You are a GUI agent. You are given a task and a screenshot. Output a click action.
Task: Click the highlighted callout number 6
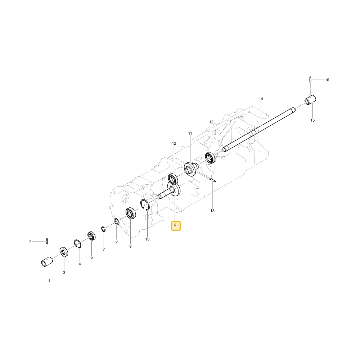(175, 225)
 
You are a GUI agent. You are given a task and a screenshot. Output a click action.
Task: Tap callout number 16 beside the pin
(327, 80)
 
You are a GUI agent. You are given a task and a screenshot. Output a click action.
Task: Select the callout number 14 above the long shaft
(261, 99)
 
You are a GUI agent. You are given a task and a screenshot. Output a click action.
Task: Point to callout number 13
(212, 211)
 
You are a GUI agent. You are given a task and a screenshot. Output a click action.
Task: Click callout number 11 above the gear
(190, 134)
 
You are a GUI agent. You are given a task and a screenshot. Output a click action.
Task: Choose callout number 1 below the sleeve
(49, 280)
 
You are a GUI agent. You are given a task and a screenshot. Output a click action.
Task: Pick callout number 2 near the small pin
(30, 242)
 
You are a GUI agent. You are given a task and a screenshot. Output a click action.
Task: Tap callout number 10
(147, 239)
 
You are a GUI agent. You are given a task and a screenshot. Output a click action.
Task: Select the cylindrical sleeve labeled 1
(47, 262)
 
